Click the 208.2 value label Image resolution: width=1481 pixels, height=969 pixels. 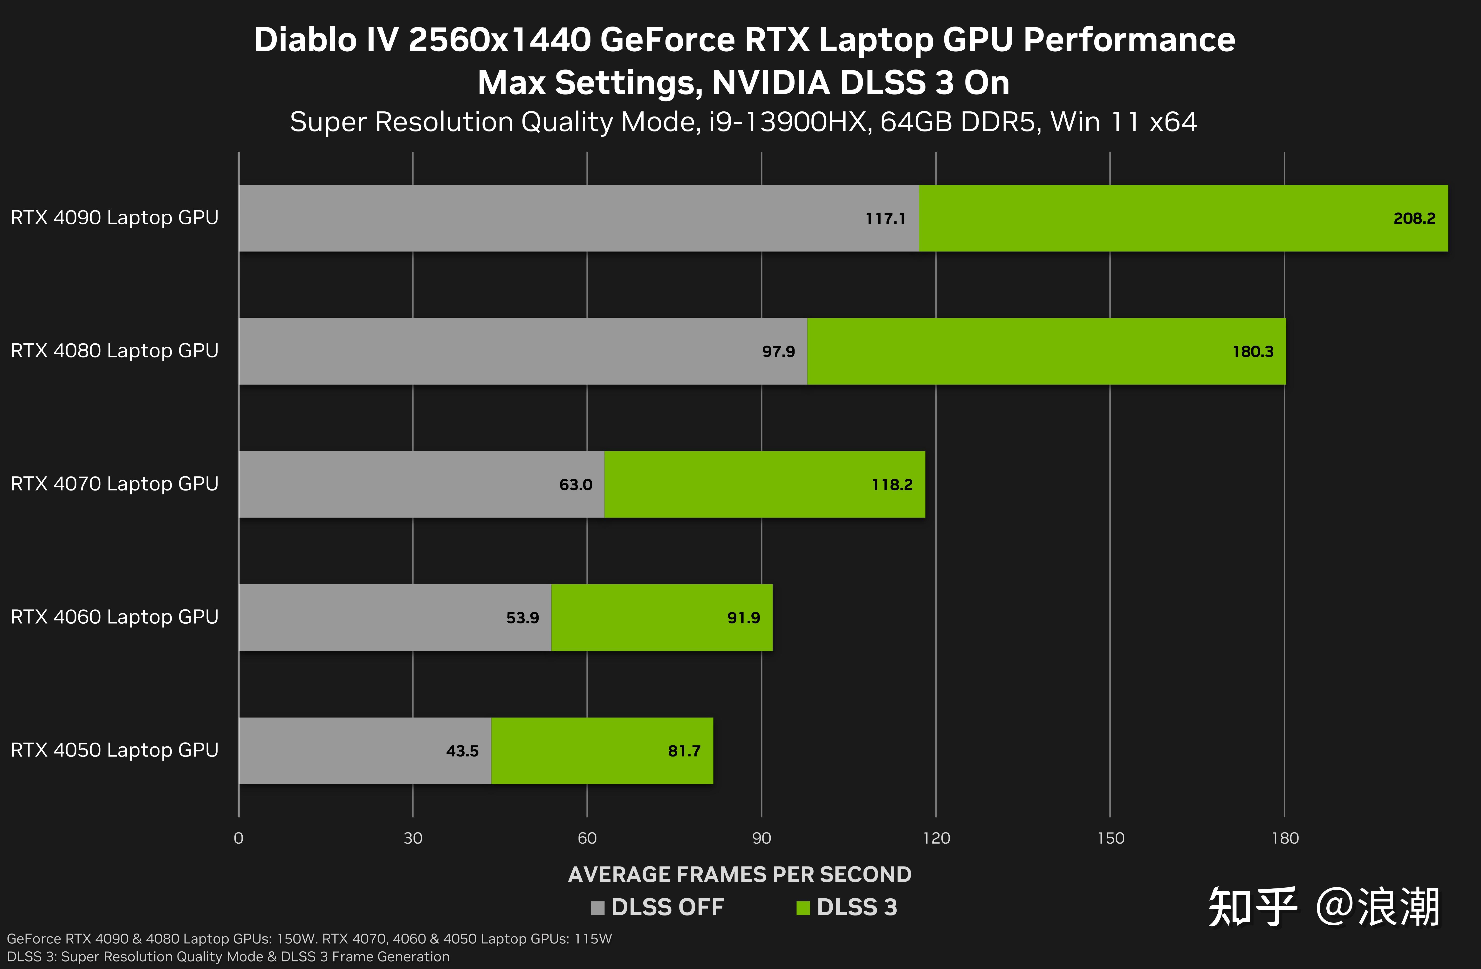click(1414, 218)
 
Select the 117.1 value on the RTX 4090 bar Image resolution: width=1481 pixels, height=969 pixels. click(885, 218)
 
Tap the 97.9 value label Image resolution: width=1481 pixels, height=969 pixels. click(778, 352)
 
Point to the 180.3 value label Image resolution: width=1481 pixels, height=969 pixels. click(1253, 352)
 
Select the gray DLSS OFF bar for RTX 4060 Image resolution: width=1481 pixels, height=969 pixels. click(373, 617)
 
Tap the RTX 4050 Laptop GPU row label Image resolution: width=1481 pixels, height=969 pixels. click(115, 750)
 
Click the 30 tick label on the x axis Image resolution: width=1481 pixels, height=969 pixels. click(412, 838)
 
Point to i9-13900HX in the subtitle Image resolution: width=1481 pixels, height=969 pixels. click(788, 122)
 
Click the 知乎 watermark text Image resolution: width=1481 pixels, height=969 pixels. click(1252, 908)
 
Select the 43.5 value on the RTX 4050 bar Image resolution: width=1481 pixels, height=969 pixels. click(462, 751)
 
